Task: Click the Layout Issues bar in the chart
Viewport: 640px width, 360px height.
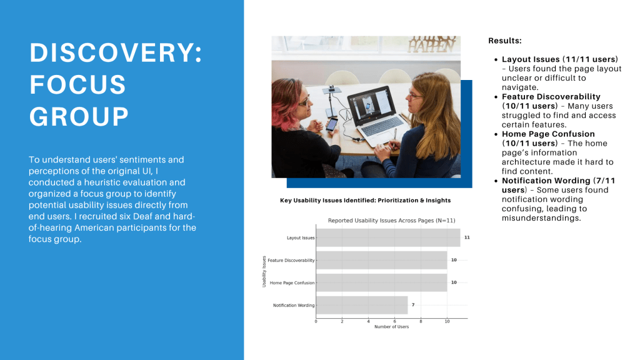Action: pos(388,237)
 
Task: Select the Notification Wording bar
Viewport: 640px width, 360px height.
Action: pos(362,305)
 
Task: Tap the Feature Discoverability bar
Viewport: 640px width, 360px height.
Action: pos(382,260)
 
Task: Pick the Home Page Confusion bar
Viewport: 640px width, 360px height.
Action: pos(382,282)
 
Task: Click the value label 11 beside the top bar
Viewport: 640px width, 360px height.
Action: pos(467,237)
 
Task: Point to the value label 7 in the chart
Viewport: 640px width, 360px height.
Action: pos(413,305)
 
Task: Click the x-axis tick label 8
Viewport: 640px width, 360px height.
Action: pos(421,322)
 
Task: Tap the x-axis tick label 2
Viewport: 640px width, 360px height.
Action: pos(342,322)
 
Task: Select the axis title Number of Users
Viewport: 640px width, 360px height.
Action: pos(391,327)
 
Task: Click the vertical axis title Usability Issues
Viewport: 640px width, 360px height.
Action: pos(264,271)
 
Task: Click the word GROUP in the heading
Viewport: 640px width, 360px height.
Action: pos(79,116)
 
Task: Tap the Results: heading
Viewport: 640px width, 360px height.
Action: pos(505,41)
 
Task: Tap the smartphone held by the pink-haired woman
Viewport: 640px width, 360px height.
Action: pos(332,124)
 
